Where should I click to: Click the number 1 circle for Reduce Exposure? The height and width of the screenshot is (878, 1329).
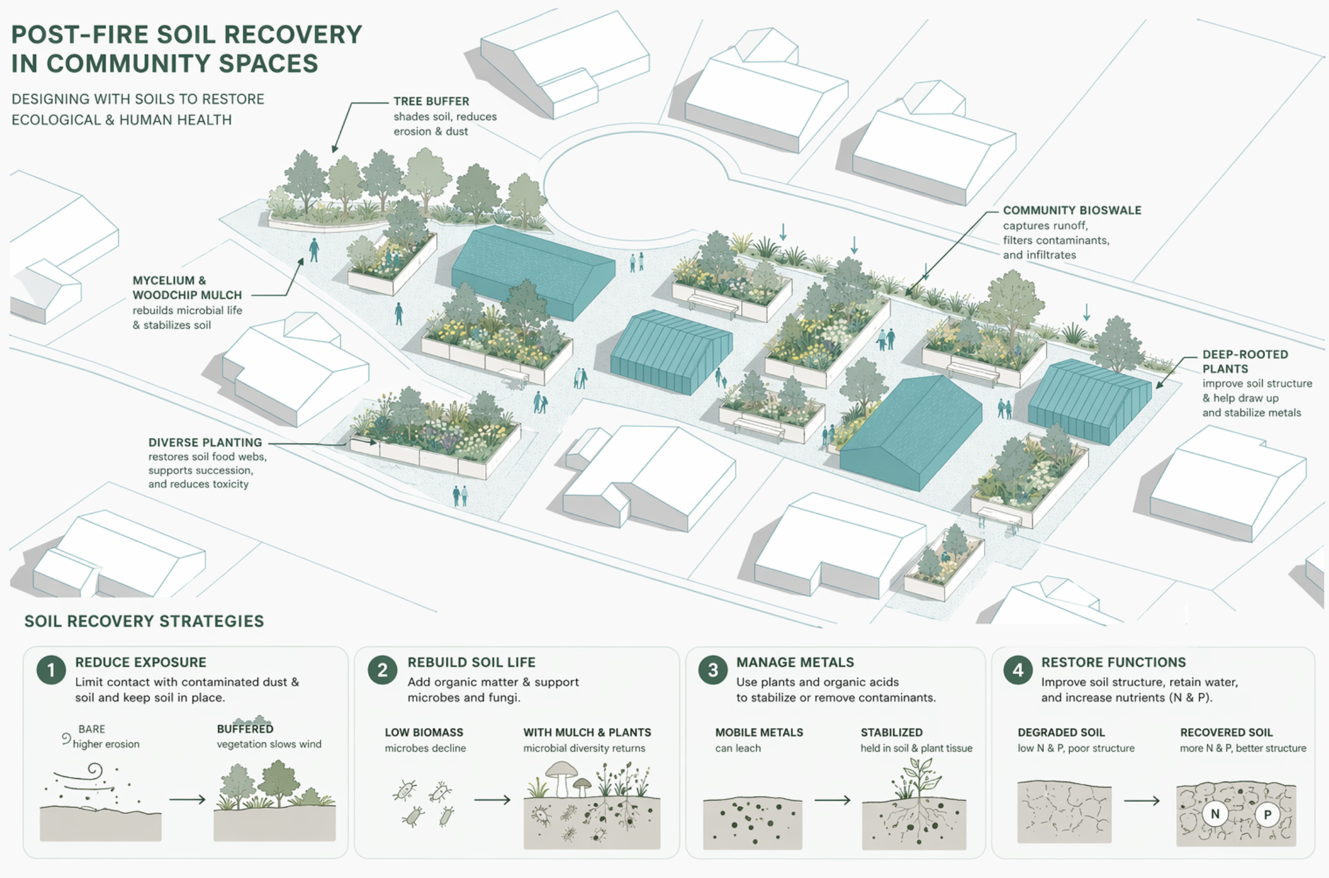coord(51,670)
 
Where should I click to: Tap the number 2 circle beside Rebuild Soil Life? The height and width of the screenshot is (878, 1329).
coord(382,670)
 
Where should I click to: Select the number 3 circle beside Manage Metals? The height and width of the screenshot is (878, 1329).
coord(713,670)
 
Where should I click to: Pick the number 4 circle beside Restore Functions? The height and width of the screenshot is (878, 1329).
coord(1018,670)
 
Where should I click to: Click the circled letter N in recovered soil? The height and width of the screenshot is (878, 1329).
coord(1215,814)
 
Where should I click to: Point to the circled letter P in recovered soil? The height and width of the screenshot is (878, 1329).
coord(1267,815)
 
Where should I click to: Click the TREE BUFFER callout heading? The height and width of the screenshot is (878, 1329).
coord(431,102)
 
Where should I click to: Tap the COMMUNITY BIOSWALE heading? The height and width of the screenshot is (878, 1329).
coord(1072,211)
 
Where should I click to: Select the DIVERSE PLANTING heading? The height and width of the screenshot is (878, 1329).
coord(205,442)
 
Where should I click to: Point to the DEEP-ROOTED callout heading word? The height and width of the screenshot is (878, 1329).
coord(1245,354)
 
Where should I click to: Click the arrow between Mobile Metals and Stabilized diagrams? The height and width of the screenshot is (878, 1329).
coord(832,800)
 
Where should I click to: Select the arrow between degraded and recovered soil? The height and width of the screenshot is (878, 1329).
coord(1142,800)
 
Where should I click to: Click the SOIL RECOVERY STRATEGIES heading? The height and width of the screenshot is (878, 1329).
coord(144,621)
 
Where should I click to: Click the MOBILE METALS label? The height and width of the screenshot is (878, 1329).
coord(759,733)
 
